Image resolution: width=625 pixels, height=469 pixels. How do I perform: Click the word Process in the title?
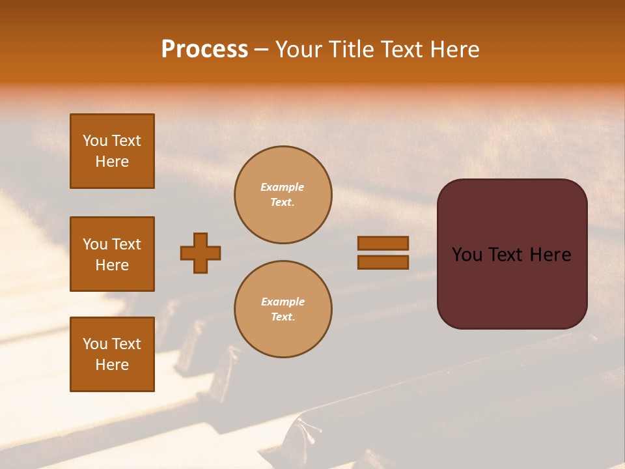point(204,50)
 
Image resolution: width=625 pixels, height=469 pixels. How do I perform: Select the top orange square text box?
point(112,151)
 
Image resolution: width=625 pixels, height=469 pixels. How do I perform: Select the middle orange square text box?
point(112,254)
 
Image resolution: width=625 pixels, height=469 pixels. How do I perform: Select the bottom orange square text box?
point(112,354)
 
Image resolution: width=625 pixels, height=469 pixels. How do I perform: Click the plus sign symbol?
point(201,253)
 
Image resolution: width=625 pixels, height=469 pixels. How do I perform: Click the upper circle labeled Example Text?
point(283,195)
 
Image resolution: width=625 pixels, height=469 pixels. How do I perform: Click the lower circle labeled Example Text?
point(283,309)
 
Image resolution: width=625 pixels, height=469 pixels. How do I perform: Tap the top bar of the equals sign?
point(383,243)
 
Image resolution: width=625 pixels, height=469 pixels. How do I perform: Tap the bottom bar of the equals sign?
point(383,262)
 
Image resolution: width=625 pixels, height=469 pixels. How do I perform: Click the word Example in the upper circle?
point(283,187)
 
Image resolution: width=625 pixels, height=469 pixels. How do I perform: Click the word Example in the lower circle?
point(283,302)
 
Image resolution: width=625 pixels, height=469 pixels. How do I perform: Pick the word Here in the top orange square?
point(112,162)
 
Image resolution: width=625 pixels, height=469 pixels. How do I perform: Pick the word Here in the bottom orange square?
point(112,365)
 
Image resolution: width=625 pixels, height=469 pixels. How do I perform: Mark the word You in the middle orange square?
point(94,244)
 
